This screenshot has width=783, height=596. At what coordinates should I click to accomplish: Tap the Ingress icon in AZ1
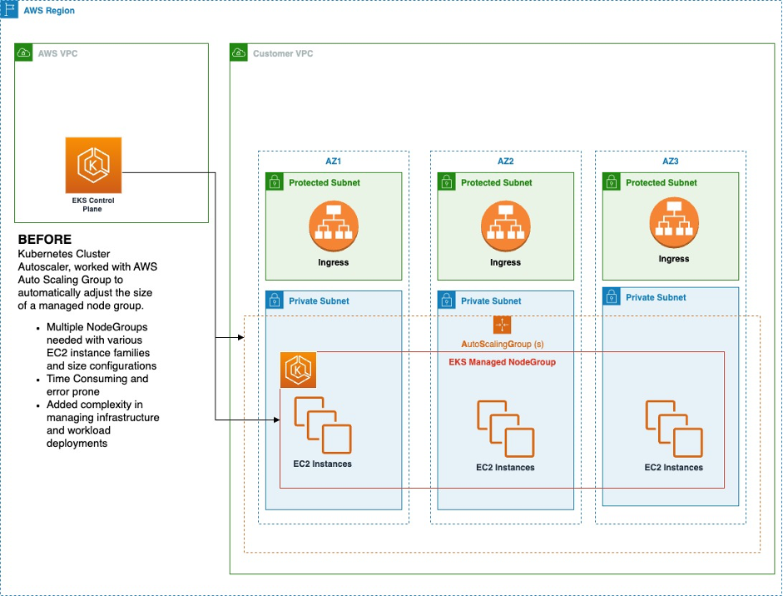pyautogui.click(x=333, y=225)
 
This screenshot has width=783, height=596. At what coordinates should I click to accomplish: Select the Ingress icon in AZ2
pyautogui.click(x=505, y=225)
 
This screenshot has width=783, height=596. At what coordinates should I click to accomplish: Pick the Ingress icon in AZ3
pyautogui.click(x=673, y=223)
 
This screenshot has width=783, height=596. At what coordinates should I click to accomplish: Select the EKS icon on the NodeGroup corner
pyautogui.click(x=297, y=370)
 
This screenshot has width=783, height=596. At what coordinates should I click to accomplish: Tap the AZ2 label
pyautogui.click(x=505, y=161)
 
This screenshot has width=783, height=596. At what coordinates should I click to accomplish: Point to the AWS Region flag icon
pyautogui.click(x=10, y=10)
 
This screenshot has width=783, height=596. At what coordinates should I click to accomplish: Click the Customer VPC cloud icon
pyautogui.click(x=239, y=53)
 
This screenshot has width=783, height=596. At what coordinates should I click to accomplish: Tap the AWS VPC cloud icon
pyautogui.click(x=24, y=53)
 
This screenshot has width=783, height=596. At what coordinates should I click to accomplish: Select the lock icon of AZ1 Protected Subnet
pyautogui.click(x=275, y=181)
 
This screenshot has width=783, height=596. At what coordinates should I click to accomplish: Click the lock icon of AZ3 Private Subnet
pyautogui.click(x=612, y=296)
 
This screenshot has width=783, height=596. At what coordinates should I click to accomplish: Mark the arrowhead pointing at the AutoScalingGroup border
pyautogui.click(x=241, y=338)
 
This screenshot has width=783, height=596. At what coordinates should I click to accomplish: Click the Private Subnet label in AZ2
pyautogui.click(x=491, y=300)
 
